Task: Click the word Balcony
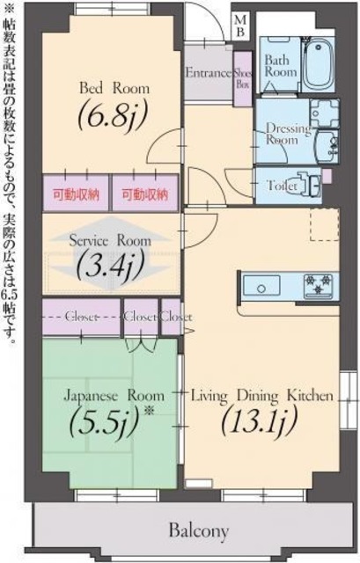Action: click(199, 530)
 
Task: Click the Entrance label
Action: click(209, 74)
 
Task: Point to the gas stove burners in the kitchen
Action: click(319, 285)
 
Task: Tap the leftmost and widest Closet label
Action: click(79, 316)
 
